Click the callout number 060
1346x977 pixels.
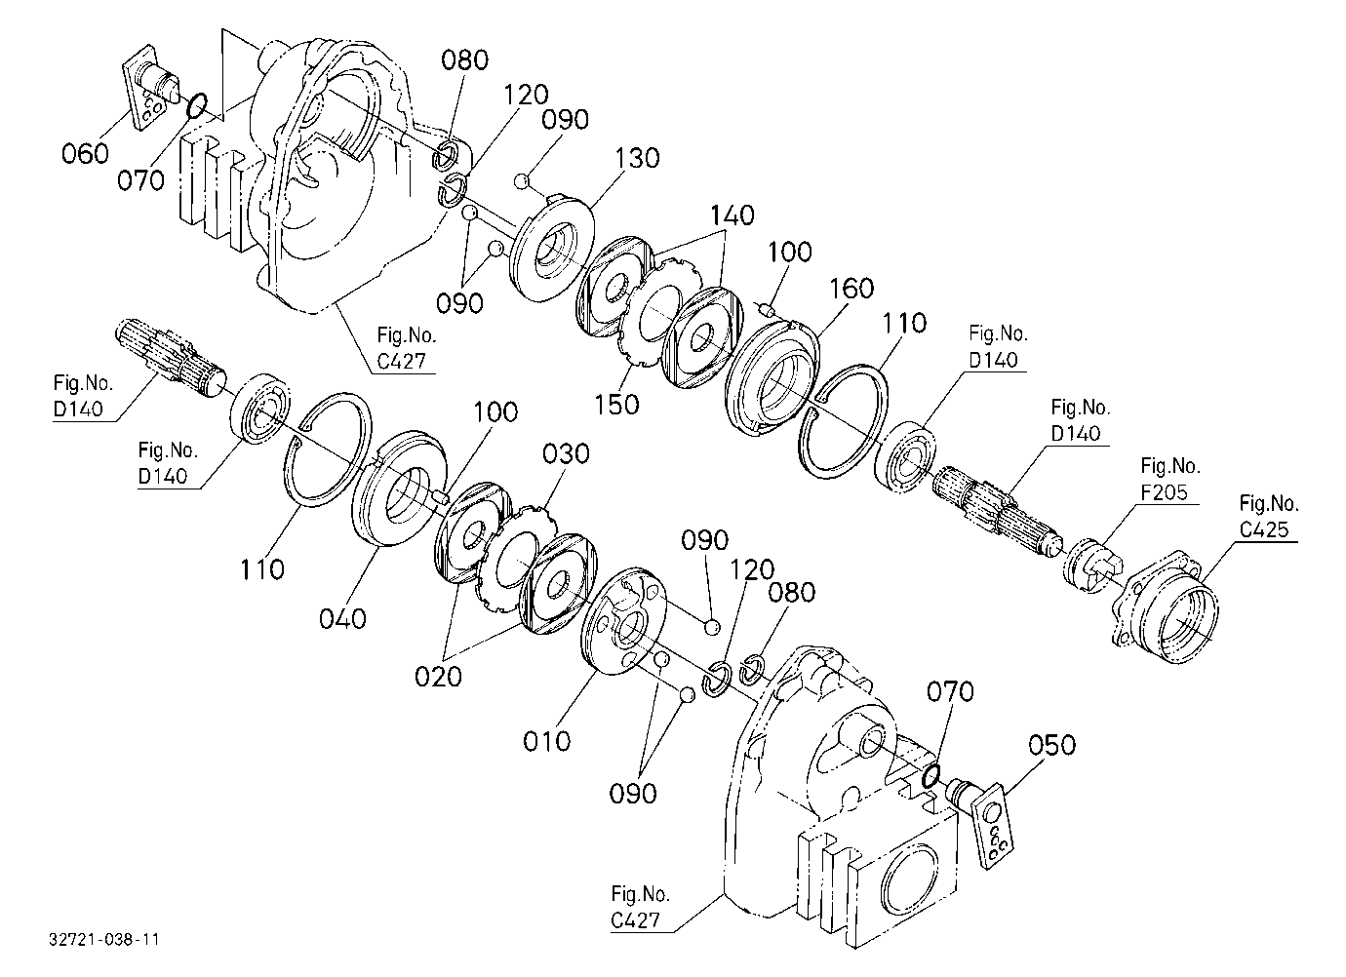pyautogui.click(x=85, y=153)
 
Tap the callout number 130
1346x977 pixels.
pyautogui.click(x=636, y=158)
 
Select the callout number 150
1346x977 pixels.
pyautogui.click(x=616, y=405)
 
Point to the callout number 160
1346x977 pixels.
pyautogui.click(x=851, y=289)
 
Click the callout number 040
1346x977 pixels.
pyautogui.click(x=342, y=618)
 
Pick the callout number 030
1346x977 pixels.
pyautogui.click(x=566, y=453)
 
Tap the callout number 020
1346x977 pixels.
pyautogui.click(x=438, y=677)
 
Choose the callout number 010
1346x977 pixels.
pyautogui.click(x=546, y=741)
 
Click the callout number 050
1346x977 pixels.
pyautogui.click(x=1052, y=745)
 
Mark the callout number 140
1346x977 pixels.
pyautogui.click(x=732, y=215)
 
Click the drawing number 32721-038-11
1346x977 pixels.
pyautogui.click(x=104, y=939)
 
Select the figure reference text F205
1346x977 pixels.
pyautogui.click(x=1165, y=492)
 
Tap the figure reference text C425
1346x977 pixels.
pyautogui.click(x=1264, y=529)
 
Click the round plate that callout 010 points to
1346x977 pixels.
pyautogui.click(x=625, y=621)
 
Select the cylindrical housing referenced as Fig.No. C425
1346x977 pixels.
pyautogui.click(x=1167, y=606)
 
